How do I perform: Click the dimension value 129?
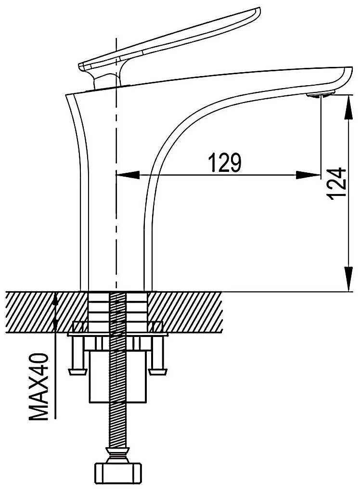click(225, 163)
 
